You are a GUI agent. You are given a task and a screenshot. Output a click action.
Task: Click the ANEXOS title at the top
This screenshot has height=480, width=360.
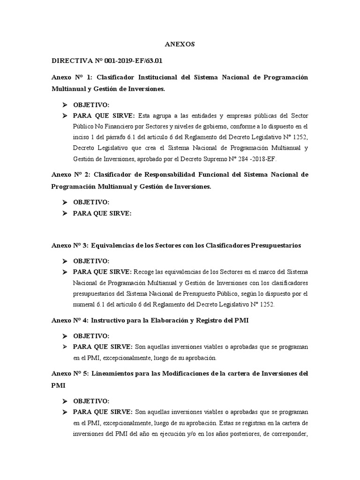pos(180,45)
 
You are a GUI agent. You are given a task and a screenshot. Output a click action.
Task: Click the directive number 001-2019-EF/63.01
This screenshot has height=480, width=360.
pos(126,61)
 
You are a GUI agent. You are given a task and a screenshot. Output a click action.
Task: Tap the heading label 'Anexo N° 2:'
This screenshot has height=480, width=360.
pos(70,174)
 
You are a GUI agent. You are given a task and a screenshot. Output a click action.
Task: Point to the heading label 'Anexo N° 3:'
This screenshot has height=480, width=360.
pos(69,245)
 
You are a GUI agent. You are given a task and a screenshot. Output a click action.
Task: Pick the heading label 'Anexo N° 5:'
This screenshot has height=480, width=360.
pos(69,373)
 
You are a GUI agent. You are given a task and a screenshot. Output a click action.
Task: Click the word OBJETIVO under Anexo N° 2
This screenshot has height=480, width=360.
pos(91,202)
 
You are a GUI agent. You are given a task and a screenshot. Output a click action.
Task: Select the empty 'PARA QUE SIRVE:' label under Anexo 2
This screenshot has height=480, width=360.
pos(102,213)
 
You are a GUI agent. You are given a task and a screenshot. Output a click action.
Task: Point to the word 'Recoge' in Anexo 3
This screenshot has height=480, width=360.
pos(144,272)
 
